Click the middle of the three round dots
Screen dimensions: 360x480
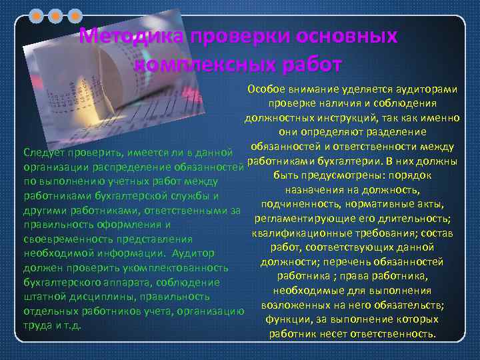[x=56, y=15]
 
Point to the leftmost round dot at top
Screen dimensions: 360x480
[x=37, y=15]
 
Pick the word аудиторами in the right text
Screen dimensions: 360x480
[x=426, y=89]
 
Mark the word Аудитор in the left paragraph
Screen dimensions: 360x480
[x=193, y=253]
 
